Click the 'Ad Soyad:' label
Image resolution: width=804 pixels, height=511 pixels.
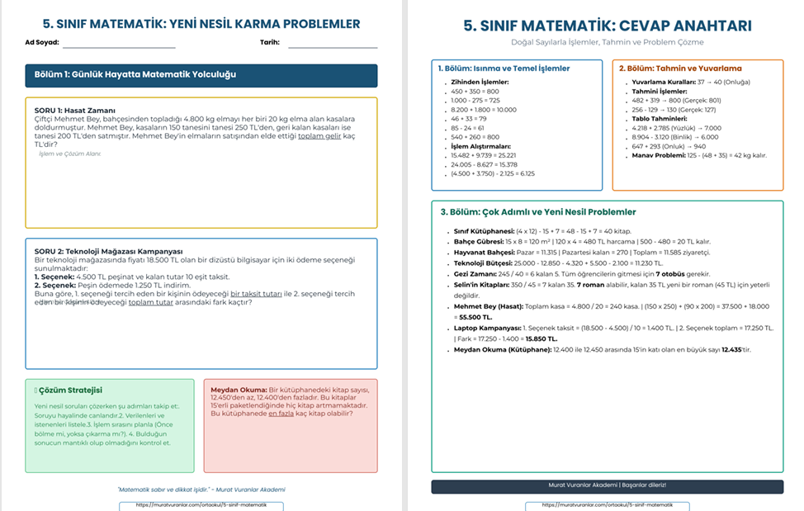42,41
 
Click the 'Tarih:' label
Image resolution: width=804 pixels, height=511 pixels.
270,41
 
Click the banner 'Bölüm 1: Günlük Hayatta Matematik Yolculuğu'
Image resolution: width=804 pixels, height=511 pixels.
135,75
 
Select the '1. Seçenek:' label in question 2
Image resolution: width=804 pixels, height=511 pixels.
54,277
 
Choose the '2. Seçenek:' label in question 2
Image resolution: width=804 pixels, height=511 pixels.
54,285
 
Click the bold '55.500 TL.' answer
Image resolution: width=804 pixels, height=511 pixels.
476,316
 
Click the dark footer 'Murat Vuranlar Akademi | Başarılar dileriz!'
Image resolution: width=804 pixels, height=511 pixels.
607,485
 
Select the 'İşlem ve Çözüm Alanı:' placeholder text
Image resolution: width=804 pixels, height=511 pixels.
70,154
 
